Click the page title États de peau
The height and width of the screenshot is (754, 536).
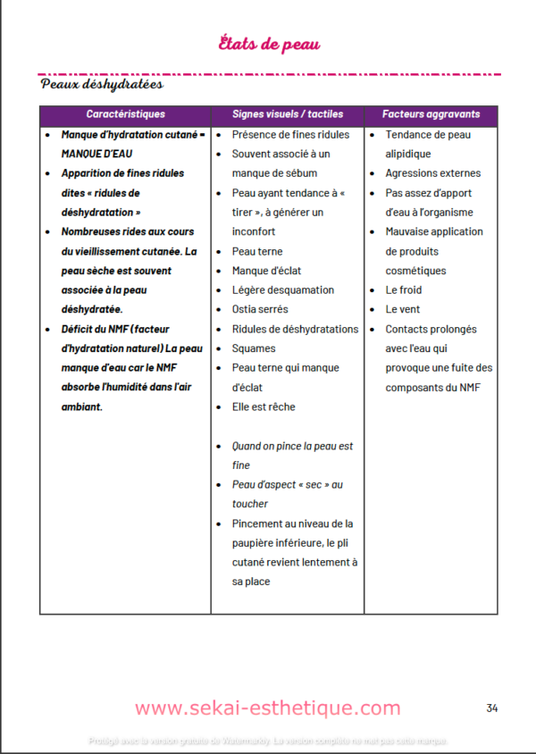269,44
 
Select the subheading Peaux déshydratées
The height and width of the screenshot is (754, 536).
102,85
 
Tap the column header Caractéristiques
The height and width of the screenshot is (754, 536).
125,114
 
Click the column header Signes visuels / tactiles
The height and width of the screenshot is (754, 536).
288,114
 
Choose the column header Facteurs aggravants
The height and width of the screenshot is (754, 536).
431,114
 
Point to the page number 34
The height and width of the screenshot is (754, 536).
492,708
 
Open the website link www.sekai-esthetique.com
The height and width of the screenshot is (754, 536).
268,708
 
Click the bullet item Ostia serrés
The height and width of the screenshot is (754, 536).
260,309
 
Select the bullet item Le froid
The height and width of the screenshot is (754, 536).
404,289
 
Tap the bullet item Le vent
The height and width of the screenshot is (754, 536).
402,309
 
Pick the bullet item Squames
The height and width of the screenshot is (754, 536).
254,348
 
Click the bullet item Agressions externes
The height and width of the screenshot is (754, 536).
432,173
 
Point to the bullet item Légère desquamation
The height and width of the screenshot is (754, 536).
282,289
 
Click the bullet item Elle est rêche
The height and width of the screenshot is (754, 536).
263,406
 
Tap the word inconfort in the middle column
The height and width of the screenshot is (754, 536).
255,231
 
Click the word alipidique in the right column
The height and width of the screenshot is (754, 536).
408,154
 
